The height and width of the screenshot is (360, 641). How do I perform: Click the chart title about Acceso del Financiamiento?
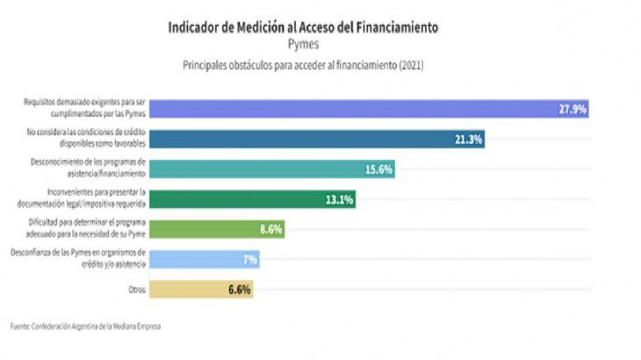pos(303,27)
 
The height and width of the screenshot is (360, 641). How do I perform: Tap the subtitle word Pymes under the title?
pos(303,44)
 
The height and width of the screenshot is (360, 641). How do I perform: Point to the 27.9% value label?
pos(572,109)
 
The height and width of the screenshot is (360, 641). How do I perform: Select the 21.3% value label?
pos(468,139)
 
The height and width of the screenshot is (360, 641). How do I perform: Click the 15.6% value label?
pos(378,169)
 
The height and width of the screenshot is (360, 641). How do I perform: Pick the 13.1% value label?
pos(339,199)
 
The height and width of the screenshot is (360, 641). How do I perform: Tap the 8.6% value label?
pos(270,229)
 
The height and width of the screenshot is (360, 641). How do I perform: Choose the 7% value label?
pos(249,259)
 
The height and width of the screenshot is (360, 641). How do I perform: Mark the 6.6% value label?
pos(238,289)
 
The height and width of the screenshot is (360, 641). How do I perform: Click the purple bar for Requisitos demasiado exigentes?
pos(351,109)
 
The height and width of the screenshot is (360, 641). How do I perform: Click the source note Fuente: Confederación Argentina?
pos(86,327)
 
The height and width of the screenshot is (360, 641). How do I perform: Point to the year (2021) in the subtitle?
pos(410,64)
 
